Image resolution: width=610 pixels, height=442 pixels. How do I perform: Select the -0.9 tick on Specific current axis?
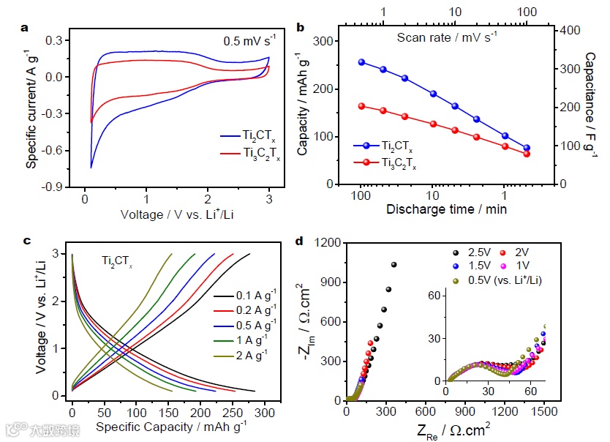(53, 187)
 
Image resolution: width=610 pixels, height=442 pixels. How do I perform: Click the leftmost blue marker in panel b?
(361, 62)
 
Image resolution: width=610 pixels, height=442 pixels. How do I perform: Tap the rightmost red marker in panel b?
(526, 154)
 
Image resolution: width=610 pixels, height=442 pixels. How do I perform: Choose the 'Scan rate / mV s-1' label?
(447, 36)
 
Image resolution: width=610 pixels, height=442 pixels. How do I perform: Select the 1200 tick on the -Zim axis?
(328, 242)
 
